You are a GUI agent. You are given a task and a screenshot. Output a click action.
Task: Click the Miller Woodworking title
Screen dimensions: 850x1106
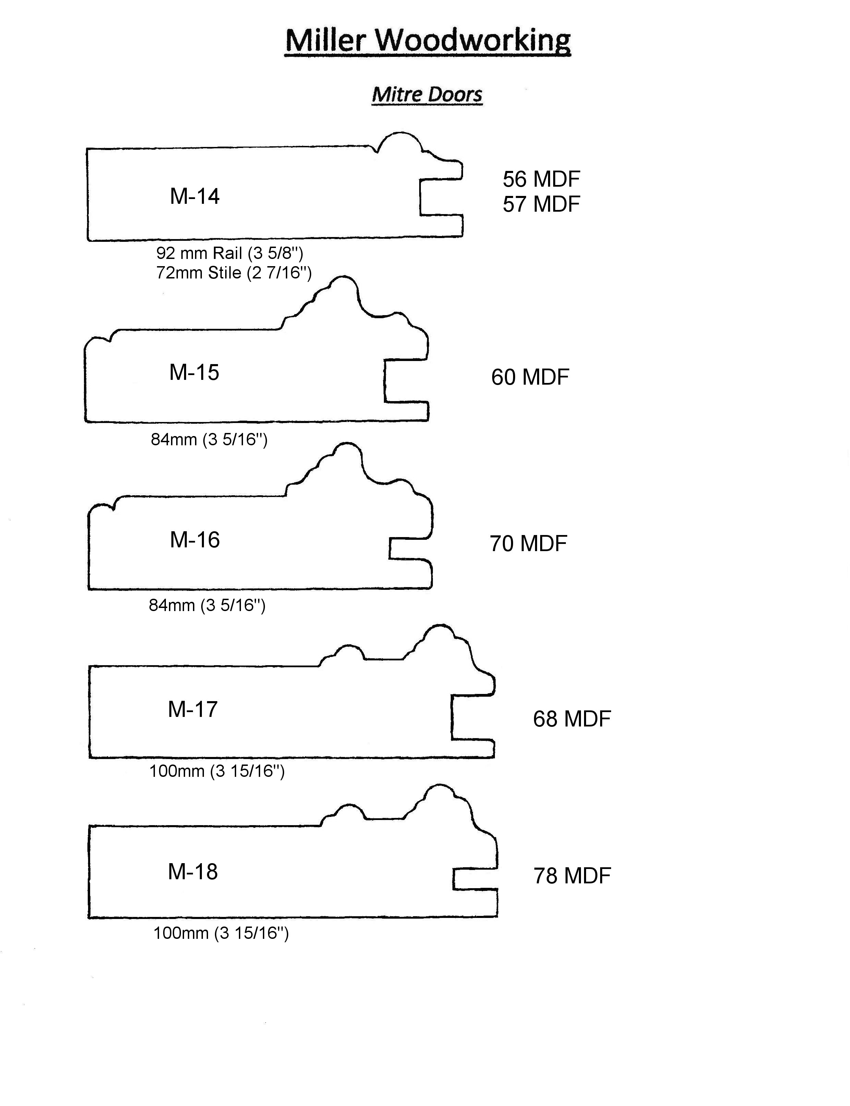click(x=428, y=40)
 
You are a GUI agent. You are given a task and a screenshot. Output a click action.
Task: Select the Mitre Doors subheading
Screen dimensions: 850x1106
click(x=427, y=95)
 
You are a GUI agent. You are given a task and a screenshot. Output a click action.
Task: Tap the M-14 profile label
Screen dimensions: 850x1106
click(x=195, y=196)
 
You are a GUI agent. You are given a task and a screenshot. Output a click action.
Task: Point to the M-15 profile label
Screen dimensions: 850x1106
click(x=194, y=373)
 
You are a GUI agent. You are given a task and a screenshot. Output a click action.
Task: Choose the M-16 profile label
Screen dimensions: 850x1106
click(x=195, y=540)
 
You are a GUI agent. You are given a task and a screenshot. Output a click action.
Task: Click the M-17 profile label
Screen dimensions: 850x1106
click(x=193, y=709)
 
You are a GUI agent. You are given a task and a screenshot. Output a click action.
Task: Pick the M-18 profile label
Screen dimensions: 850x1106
click(x=193, y=871)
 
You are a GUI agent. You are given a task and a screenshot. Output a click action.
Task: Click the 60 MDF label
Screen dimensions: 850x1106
click(x=530, y=377)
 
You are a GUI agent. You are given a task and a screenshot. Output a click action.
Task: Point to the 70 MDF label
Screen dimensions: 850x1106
click(x=528, y=544)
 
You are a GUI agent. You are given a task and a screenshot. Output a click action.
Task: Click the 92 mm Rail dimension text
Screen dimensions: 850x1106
click(x=230, y=253)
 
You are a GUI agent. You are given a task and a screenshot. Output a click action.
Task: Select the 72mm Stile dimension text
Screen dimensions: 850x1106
click(x=234, y=273)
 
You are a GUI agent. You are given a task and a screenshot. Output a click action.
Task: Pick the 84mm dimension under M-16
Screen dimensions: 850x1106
click(x=207, y=605)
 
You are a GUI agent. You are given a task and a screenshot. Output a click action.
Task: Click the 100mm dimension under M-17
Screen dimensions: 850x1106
click(x=217, y=771)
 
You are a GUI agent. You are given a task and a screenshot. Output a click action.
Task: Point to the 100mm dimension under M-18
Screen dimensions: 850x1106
click(x=221, y=933)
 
